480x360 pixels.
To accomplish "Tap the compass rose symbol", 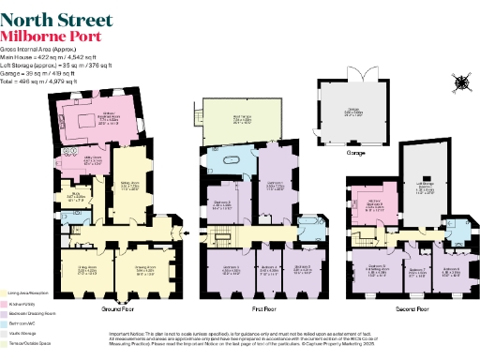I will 460,82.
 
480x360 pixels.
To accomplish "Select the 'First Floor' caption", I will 262,307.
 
